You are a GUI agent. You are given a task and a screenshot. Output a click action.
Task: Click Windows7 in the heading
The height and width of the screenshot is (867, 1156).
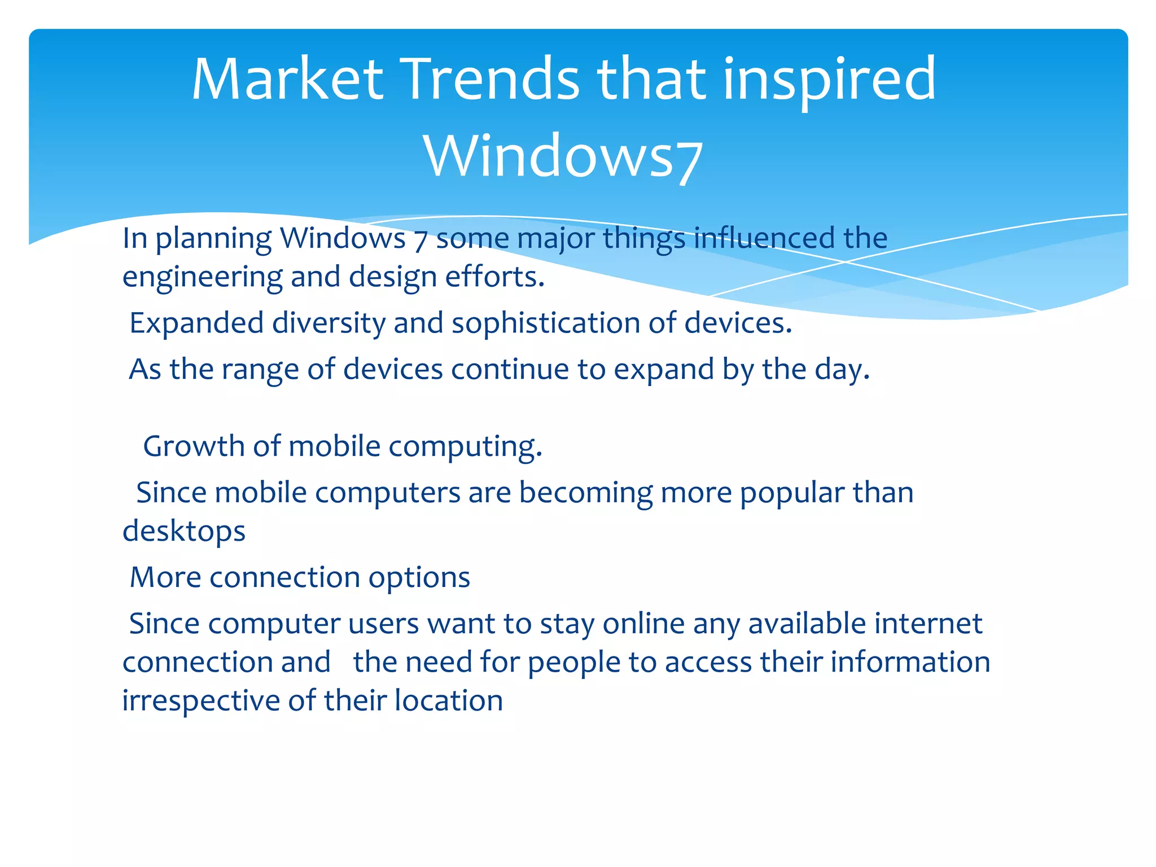[x=563, y=156]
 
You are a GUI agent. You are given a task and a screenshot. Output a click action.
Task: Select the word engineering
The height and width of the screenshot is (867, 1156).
[x=202, y=277]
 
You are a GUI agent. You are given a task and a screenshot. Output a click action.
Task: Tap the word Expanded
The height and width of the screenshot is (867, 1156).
[x=196, y=323]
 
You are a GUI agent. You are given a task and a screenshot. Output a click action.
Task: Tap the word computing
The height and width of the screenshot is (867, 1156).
[x=465, y=446]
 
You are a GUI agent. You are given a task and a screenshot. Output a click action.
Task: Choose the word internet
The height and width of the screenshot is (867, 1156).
[x=928, y=624]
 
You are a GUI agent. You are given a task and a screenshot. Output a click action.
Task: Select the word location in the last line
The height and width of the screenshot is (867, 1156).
[x=448, y=700]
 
